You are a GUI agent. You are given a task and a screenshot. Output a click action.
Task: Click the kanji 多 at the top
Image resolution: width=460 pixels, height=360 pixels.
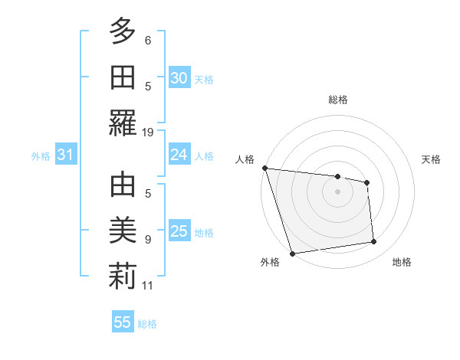pos(123,31)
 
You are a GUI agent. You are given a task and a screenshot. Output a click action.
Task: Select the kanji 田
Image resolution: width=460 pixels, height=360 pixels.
pos(123,78)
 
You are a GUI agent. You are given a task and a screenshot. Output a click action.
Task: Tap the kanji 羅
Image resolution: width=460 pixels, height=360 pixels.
pos(123,124)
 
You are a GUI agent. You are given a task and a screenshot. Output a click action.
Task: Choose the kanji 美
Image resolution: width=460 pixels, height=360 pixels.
pos(123,231)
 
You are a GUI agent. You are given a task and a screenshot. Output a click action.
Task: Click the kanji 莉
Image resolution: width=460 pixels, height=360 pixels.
pos(123,277)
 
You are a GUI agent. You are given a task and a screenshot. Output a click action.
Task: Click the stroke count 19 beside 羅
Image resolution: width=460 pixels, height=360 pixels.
pos(148,132)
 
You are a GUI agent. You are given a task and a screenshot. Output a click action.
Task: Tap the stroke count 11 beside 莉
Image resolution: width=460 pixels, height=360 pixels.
pos(148,286)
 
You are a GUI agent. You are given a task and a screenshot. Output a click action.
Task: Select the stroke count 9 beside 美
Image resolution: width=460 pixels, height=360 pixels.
pos(148,239)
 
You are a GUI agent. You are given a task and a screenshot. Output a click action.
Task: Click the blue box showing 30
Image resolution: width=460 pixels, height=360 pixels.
pos(179,78)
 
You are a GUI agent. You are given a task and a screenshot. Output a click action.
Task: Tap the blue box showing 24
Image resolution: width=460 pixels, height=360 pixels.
pos(179,155)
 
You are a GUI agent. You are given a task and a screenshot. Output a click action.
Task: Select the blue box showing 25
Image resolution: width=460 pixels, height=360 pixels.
pos(179,231)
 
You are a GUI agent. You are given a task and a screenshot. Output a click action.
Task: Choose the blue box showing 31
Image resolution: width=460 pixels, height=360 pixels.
pos(65,155)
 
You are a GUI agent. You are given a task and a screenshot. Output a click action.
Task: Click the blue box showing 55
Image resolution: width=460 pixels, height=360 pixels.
pos(123,322)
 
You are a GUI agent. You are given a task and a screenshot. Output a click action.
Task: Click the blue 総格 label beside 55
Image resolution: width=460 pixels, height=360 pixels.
pos(147,324)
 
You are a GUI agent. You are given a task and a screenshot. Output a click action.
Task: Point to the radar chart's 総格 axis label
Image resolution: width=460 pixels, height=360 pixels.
pos(337,100)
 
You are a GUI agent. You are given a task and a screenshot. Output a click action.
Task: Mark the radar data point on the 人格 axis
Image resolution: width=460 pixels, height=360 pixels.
pos(264,168)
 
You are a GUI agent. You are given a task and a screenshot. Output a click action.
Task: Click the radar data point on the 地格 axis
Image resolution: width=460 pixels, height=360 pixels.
pos(374,242)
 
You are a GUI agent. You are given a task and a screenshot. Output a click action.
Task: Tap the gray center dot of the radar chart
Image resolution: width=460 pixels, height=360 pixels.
pos(337,191)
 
